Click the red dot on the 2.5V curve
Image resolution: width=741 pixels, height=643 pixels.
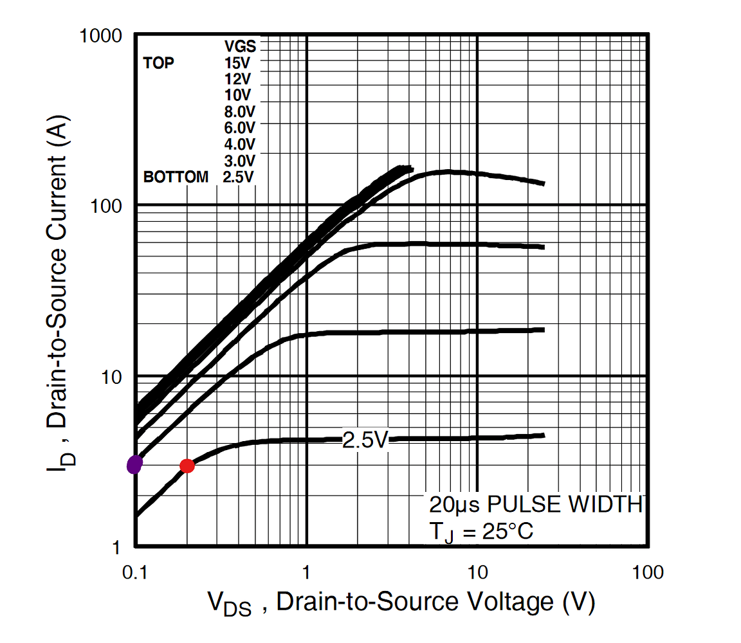(187, 466)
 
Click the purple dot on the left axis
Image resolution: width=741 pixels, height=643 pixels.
(134, 464)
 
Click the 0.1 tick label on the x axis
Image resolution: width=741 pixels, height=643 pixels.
(135, 572)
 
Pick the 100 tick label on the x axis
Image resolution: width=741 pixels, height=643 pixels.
(648, 572)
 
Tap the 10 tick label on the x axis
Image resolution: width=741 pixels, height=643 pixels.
(477, 572)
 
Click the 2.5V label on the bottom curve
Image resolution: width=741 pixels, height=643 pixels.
(365, 440)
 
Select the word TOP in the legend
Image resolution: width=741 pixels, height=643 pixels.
(158, 63)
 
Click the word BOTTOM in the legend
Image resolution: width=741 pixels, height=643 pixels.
(176, 177)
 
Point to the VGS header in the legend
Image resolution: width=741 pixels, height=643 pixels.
(240, 46)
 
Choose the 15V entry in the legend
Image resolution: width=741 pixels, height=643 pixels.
(237, 63)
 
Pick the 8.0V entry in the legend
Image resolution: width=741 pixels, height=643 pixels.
(239, 111)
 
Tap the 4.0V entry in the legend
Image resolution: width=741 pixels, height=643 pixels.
(239, 143)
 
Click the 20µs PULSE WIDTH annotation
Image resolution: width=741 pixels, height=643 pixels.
(536, 505)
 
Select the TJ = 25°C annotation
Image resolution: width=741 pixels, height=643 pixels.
(480, 531)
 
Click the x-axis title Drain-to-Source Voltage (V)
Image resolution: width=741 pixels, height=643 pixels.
(400, 603)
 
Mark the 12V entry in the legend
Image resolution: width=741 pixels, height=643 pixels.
(237, 79)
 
